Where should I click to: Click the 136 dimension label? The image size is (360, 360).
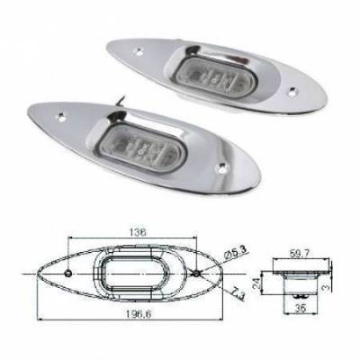click(x=138, y=232)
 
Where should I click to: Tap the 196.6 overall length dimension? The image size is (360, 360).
click(x=138, y=314)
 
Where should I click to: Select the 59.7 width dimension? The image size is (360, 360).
click(x=300, y=254)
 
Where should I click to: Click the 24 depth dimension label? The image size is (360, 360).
click(x=256, y=283)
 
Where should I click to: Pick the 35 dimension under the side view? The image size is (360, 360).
click(x=300, y=309)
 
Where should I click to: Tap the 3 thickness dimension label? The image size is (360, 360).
click(x=327, y=287)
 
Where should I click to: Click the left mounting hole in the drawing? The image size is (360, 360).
click(x=68, y=273)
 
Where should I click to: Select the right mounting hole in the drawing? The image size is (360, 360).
click(x=196, y=274)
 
